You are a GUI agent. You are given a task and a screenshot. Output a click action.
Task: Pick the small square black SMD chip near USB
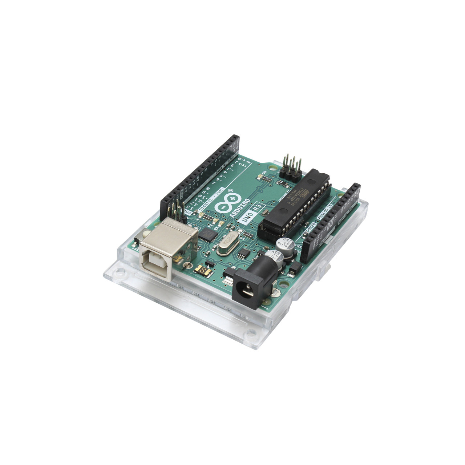pos(208,234)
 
